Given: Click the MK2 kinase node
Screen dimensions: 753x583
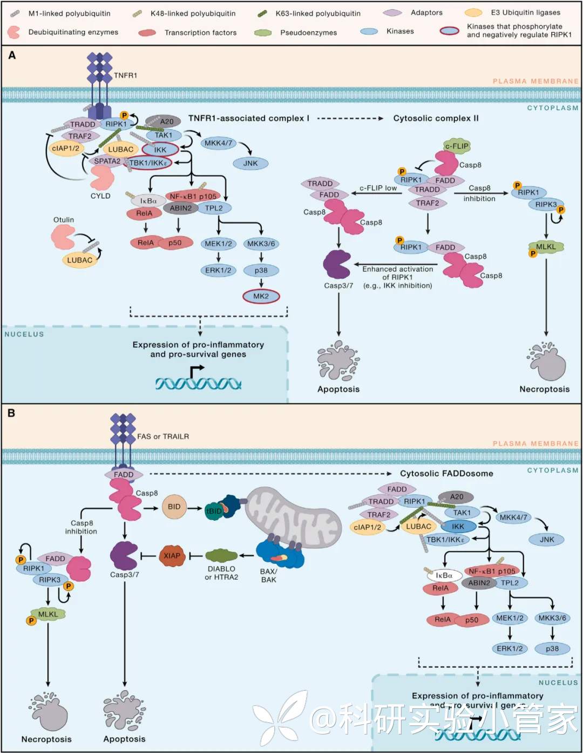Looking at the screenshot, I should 261,296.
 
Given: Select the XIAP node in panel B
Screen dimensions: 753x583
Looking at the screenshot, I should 172,556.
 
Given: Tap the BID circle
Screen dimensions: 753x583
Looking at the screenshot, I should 174,507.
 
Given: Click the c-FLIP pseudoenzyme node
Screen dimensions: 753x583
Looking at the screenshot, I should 457,146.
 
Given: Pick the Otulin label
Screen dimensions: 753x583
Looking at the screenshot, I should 64,220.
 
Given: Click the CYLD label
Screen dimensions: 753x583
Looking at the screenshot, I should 100,196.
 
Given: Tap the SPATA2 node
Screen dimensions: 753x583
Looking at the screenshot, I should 107,161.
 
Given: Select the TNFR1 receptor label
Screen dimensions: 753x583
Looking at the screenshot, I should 125,76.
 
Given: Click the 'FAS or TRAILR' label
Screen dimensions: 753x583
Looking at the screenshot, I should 163,436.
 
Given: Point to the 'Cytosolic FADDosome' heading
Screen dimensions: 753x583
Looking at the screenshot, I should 446,474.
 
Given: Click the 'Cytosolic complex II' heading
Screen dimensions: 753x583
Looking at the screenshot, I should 436,118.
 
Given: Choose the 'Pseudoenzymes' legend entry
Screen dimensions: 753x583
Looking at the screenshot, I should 308,32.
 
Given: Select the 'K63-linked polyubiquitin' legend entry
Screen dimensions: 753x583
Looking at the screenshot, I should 318,13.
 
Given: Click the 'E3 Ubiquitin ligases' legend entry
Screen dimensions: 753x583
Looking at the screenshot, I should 525,12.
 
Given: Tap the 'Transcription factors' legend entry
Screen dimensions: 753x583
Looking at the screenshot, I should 200,32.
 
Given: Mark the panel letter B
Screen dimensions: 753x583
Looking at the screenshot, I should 11,413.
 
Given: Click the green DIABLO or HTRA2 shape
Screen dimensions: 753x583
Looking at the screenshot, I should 221,555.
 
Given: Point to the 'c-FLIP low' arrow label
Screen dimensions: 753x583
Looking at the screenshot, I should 378,188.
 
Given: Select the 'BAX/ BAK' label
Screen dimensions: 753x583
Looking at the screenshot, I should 268,575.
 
